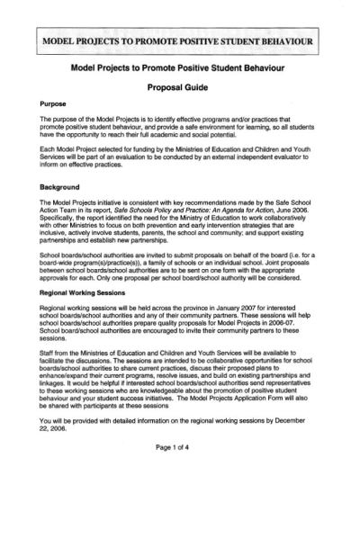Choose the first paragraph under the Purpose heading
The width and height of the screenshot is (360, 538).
coord(179,127)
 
